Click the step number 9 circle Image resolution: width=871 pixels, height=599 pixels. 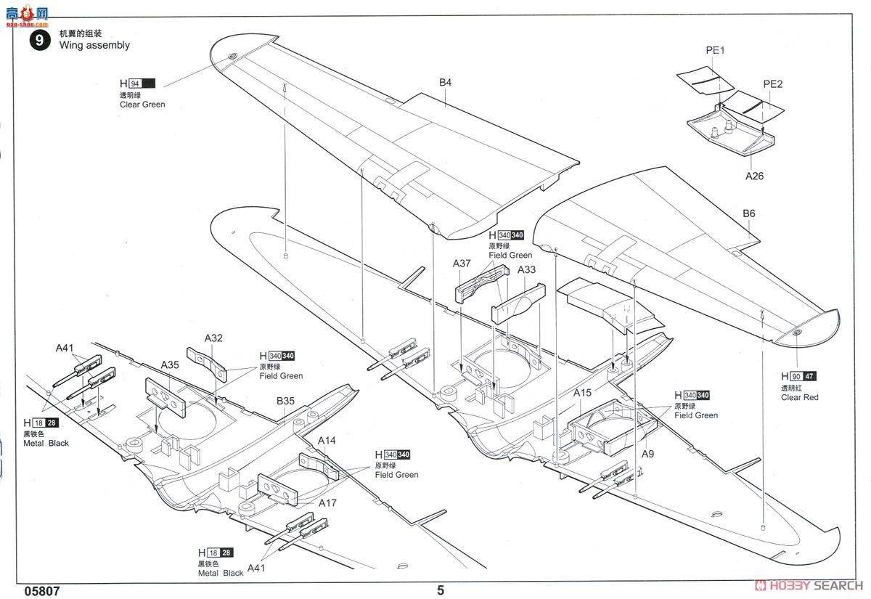click(38, 39)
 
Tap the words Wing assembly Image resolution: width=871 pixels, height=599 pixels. click(94, 45)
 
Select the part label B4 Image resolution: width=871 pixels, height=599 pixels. click(445, 83)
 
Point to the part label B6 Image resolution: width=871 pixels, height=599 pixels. click(748, 213)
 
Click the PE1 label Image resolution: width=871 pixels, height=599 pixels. click(715, 50)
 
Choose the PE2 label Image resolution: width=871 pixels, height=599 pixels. click(773, 84)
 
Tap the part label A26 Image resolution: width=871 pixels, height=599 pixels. click(754, 176)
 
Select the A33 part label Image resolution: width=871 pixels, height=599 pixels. click(527, 269)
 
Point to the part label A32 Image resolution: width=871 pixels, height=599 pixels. click(213, 338)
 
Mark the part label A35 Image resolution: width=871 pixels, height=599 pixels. click(170, 364)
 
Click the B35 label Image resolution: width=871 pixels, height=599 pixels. click(285, 400)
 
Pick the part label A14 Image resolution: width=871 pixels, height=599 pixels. click(327, 441)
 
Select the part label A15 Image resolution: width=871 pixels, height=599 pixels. click(583, 393)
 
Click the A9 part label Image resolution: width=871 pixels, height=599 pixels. click(648, 454)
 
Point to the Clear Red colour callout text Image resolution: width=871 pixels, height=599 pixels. click(799, 397)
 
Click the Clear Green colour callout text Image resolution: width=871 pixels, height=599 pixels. click(142, 105)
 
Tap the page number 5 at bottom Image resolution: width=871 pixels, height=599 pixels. click(440, 590)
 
